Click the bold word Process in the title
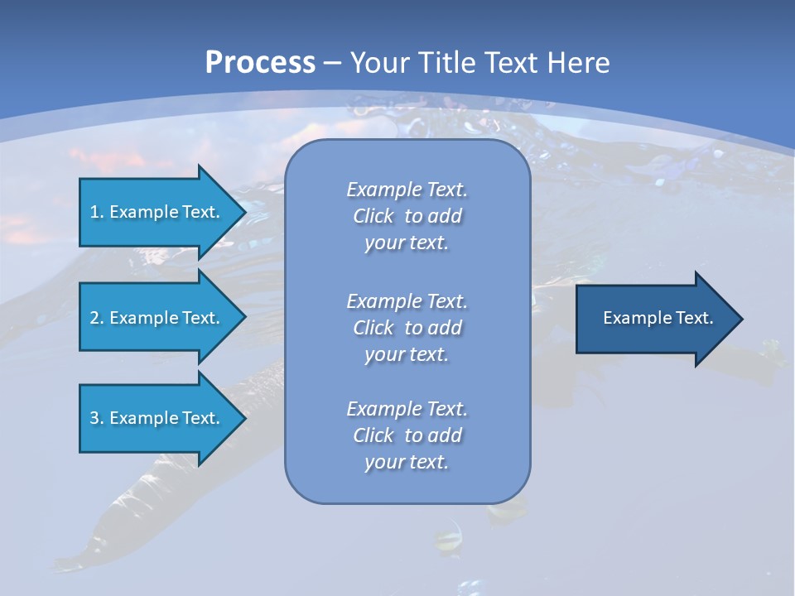[260, 62]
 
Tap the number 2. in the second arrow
[96, 318]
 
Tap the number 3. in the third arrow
[96, 418]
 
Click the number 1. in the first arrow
[96, 212]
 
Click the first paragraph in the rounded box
[407, 216]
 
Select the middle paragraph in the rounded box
[407, 328]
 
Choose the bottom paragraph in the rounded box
[407, 435]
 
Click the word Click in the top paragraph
[373, 216]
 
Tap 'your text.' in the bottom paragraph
[407, 462]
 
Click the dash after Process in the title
[333, 62]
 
